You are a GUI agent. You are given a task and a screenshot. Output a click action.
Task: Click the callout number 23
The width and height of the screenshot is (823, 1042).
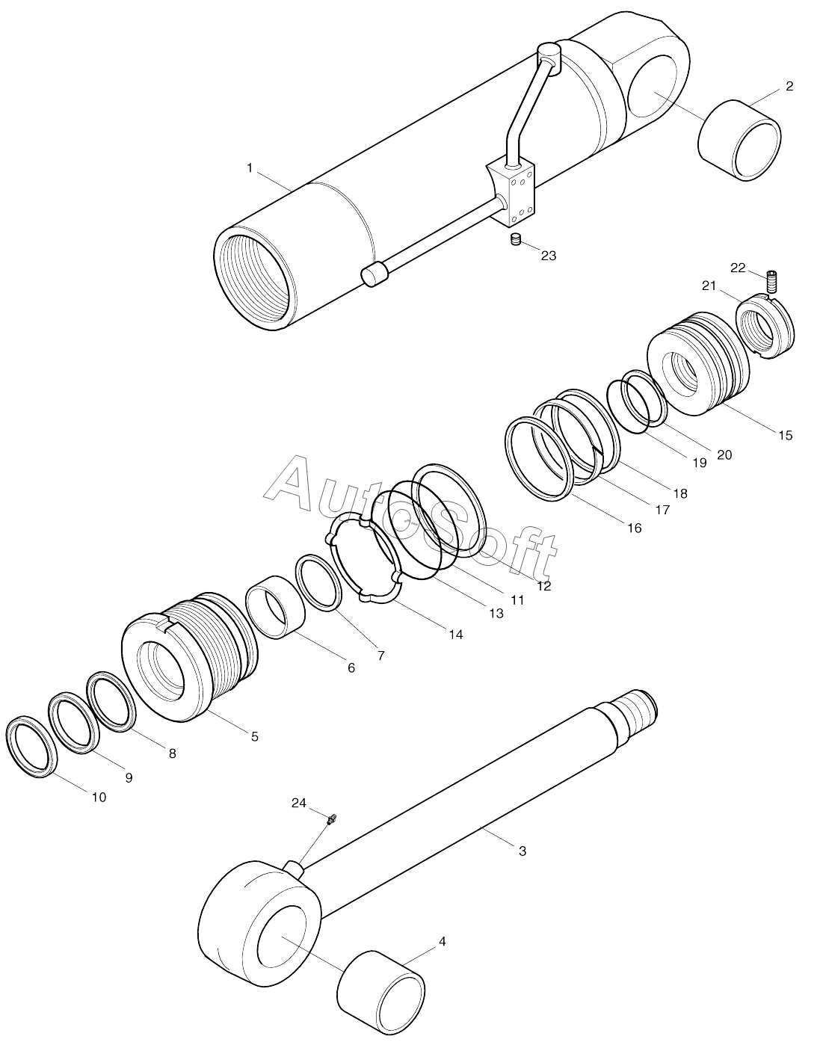(x=548, y=256)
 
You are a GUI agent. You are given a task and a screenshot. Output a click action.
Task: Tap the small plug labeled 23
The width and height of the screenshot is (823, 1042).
(x=514, y=239)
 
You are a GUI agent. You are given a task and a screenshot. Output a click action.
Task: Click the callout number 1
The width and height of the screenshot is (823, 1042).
(x=250, y=168)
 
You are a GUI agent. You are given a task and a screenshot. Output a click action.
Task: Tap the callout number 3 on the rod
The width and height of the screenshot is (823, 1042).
(x=523, y=851)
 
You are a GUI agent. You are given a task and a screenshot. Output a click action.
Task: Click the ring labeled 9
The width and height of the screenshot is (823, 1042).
(x=74, y=721)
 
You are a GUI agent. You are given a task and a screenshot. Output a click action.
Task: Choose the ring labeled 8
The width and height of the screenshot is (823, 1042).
(x=111, y=700)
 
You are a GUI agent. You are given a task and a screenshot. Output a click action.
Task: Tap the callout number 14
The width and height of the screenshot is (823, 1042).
(x=456, y=635)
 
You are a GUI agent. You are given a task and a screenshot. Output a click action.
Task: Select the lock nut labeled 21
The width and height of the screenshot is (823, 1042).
(x=766, y=327)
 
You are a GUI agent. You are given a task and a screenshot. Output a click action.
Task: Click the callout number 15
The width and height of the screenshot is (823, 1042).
(x=785, y=435)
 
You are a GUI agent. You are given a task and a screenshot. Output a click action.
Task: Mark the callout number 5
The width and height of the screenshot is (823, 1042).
(x=254, y=736)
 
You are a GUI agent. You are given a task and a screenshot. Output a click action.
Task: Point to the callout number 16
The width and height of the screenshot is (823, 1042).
(x=634, y=528)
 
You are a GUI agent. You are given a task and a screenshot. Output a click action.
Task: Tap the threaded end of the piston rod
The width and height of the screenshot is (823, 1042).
(x=636, y=713)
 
